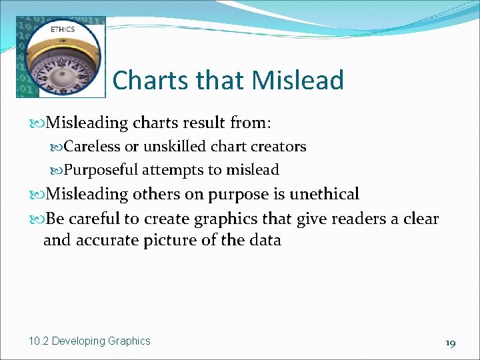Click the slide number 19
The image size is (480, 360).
pyautogui.click(x=450, y=343)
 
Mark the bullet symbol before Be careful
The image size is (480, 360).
pyautogui.click(x=37, y=219)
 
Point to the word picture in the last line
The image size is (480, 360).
pyautogui.click(x=175, y=240)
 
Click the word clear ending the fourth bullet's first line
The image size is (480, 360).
pyautogui.click(x=421, y=218)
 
